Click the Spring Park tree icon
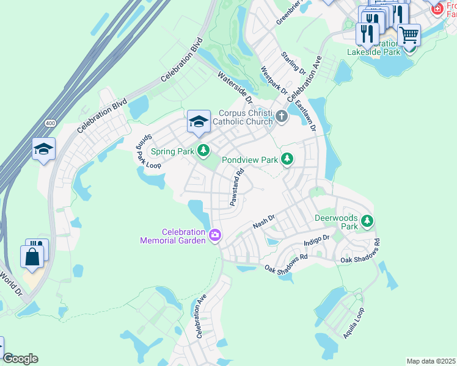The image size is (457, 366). (x=203, y=150)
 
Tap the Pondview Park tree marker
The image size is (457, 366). (x=287, y=159)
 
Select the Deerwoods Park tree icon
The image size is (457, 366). (x=367, y=221)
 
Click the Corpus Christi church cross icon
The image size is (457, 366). (x=281, y=116)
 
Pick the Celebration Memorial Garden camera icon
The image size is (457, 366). (x=214, y=235)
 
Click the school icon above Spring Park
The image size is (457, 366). (x=199, y=122)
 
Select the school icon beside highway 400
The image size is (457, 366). (x=43, y=149)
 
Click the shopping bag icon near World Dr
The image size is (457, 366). (x=32, y=256)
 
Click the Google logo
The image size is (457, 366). (x=20, y=359)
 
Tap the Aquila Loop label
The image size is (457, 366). (x=354, y=323)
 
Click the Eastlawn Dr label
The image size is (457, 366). (x=305, y=116)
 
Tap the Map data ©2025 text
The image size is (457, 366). (x=431, y=361)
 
